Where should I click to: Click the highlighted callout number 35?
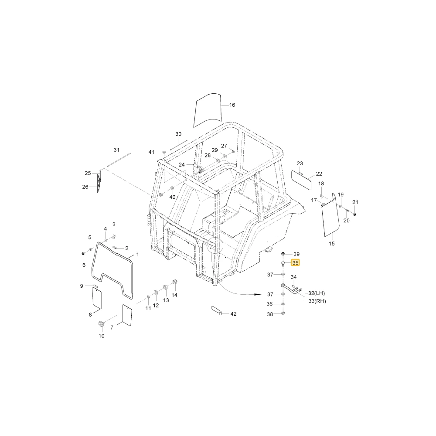pos(295,263)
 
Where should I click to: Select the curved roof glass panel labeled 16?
pos(208,110)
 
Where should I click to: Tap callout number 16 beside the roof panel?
pos(232,105)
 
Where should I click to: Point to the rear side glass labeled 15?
pos(330,215)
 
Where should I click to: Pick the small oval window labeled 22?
pos(301,180)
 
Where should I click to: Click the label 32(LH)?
pos(317,293)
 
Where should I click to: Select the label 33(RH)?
pos(317,301)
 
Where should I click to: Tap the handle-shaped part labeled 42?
pos(216,310)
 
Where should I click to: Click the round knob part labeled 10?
pos(101,324)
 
